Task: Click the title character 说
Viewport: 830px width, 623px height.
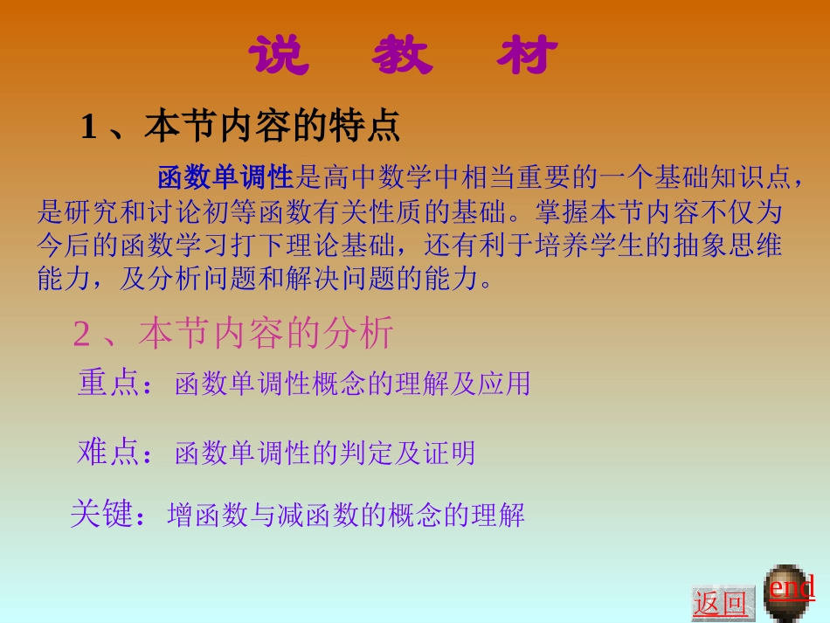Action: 279,57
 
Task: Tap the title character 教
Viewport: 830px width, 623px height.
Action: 401,57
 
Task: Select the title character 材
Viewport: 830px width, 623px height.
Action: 528,57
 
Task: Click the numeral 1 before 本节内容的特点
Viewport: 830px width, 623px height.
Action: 87,128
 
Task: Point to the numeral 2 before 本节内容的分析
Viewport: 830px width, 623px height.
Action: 81,334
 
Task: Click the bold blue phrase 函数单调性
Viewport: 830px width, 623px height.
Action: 225,178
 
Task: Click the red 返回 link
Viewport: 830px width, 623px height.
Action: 720,604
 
